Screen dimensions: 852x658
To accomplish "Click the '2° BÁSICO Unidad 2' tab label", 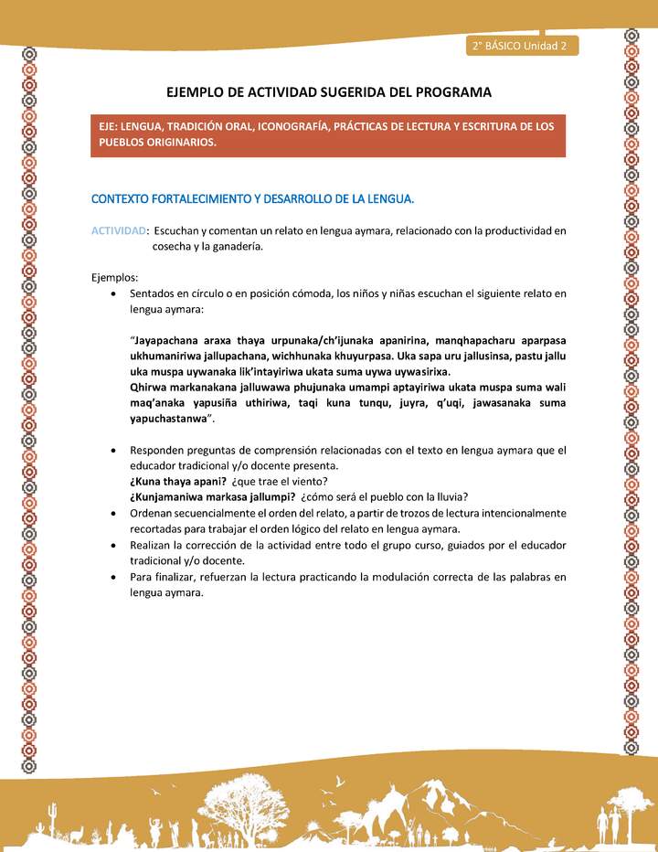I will (520, 47).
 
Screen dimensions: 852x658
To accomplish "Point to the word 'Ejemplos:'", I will (115, 277).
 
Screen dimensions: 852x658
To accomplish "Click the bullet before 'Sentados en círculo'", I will (111, 294).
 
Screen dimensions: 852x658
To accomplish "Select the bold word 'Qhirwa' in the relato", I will (149, 388).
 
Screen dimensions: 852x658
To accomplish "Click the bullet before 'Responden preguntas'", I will (111, 451).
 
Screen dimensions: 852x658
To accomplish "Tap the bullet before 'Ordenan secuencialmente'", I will (111, 513).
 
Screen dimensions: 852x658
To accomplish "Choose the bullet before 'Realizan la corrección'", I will (111, 545).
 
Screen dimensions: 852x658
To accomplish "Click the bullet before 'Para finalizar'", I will (111, 576).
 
